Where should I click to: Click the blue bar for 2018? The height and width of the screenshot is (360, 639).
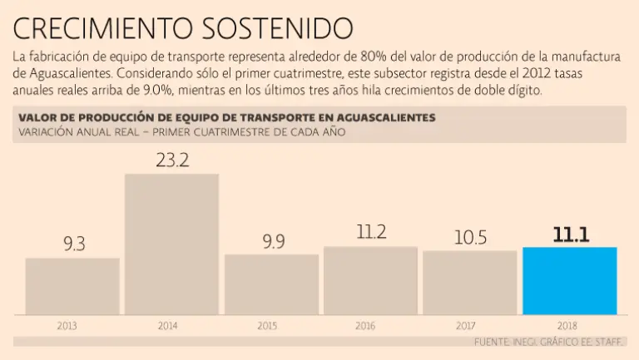569,280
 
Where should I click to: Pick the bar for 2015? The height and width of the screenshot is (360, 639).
271,284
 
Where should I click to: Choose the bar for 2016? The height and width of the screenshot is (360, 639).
370,280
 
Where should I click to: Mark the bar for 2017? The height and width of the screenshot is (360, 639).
469,282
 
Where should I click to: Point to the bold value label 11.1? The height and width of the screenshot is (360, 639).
571,235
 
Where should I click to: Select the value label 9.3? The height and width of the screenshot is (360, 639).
74,244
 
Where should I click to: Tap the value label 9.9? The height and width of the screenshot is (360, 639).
272,242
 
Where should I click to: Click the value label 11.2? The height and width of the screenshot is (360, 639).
371,233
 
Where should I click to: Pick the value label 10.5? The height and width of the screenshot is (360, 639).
470,238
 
